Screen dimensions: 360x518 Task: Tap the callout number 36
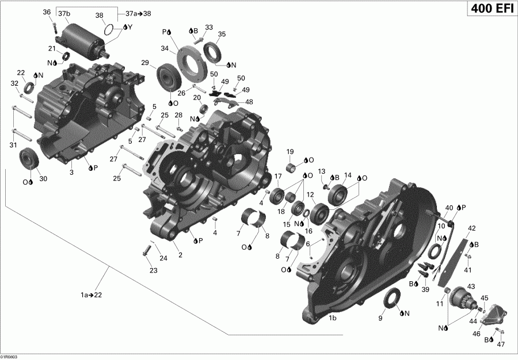pos(47,12)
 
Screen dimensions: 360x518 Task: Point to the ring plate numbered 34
pos(192,59)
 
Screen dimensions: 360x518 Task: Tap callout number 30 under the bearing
pos(43,179)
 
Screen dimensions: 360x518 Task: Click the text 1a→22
pos(93,295)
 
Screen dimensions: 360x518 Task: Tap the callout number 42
pos(471,228)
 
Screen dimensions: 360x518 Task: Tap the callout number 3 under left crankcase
pos(71,172)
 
